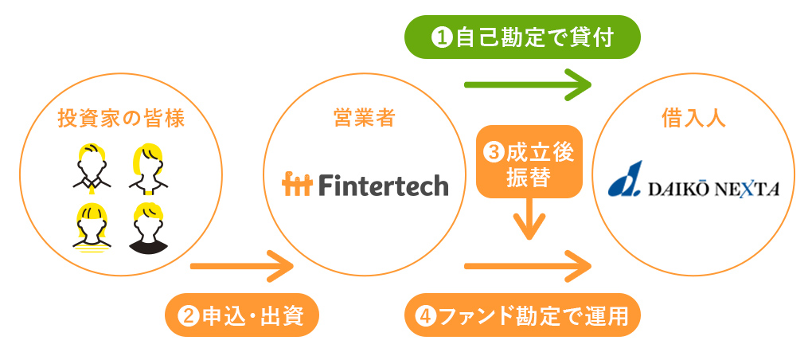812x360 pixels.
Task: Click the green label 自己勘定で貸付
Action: point(522,37)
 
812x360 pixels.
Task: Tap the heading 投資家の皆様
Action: point(121,119)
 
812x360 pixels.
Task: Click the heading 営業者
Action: point(364,119)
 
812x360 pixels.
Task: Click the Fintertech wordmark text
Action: point(384,185)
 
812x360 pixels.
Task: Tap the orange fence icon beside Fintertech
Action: point(297,185)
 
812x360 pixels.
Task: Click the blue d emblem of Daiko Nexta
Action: point(625,179)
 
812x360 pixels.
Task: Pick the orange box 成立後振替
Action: point(529,162)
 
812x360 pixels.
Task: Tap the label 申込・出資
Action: point(242,315)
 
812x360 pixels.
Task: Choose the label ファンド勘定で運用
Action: point(522,315)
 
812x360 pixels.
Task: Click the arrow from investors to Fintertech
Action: point(242,266)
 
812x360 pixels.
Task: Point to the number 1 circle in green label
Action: point(441,38)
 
